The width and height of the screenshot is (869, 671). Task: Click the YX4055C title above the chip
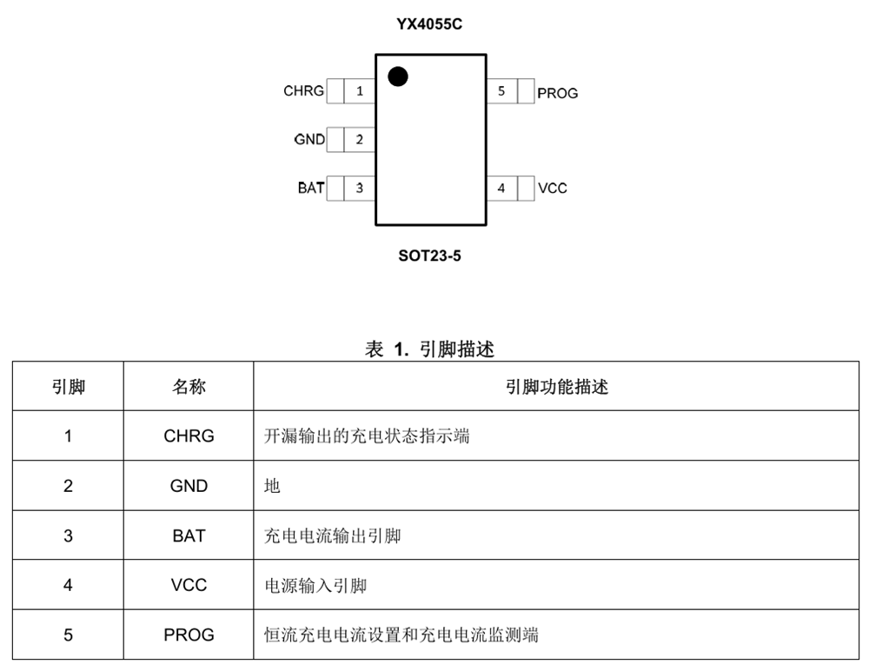click(x=429, y=24)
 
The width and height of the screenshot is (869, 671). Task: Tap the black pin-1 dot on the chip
click(x=398, y=76)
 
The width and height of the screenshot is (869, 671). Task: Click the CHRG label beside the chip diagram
click(x=303, y=90)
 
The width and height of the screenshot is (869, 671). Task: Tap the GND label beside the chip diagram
click(x=309, y=139)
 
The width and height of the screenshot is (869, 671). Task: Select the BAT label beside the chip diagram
click(x=311, y=188)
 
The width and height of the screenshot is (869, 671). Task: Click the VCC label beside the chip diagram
click(x=553, y=189)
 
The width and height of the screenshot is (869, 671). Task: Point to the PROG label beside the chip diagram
click(x=558, y=93)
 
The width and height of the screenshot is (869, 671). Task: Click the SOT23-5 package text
click(x=429, y=256)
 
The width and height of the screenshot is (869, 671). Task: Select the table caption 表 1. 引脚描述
click(x=429, y=349)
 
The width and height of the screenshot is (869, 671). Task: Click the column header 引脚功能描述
click(x=556, y=387)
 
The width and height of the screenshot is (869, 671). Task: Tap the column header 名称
click(x=189, y=387)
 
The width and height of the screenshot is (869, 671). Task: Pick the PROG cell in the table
click(x=189, y=634)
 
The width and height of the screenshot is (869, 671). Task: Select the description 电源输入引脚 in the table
click(x=315, y=585)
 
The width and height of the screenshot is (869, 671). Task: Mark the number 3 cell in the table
click(x=68, y=535)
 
